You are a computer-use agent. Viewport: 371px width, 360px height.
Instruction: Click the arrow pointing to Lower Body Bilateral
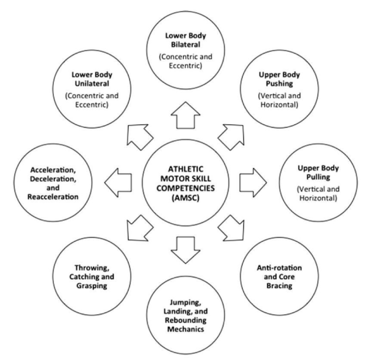pyautogui.click(x=185, y=117)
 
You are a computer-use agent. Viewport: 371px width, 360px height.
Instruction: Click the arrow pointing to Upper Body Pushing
pyautogui.click(x=231, y=135)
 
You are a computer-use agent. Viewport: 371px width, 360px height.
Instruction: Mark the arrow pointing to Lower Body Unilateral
pyautogui.click(x=139, y=135)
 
